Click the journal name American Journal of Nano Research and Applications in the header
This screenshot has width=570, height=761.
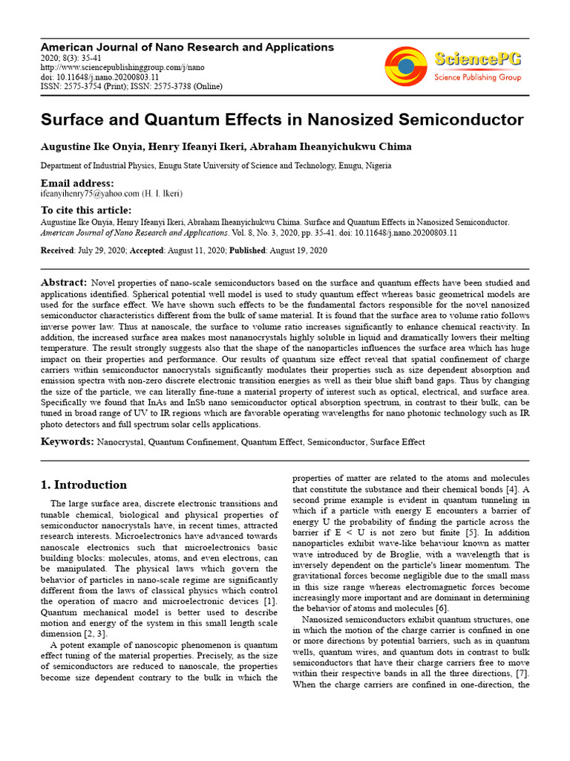tap(187, 47)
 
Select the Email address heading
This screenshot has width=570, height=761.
tap(77, 183)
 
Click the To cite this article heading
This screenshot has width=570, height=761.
tap(85, 210)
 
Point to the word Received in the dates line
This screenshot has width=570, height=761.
tap(58, 250)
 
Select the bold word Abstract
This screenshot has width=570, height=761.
tap(63, 283)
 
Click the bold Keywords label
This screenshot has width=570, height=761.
tap(67, 442)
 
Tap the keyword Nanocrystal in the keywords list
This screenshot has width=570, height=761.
tap(121, 442)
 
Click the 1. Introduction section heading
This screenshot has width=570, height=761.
tap(83, 485)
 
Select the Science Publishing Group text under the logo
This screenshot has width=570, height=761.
tap(477, 77)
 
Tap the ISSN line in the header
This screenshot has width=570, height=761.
tap(131, 86)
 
